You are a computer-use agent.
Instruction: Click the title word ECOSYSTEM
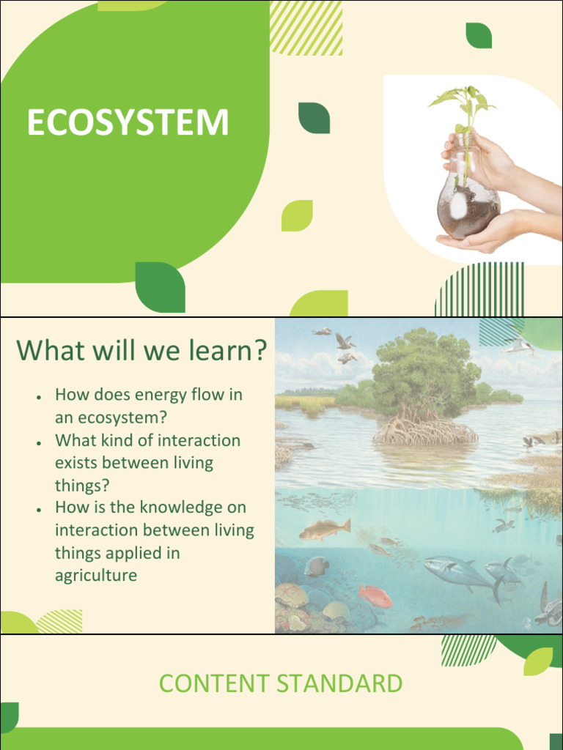pyautogui.click(x=128, y=123)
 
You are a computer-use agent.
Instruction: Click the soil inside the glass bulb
pyautogui.click(x=469, y=212)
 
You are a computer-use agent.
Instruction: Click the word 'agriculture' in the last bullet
pyautogui.click(x=96, y=576)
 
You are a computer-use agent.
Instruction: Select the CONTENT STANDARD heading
pyautogui.click(x=281, y=683)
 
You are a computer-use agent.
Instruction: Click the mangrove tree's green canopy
pyautogui.click(x=425, y=370)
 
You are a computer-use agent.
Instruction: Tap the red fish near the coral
pyautogui.click(x=375, y=596)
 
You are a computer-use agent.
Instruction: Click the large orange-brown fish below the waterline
pyautogui.click(x=324, y=529)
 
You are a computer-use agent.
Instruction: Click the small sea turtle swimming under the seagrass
pyautogui.click(x=503, y=524)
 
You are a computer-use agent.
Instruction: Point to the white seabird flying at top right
pyautogui.click(x=519, y=345)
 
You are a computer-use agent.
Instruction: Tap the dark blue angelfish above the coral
pyautogui.click(x=317, y=565)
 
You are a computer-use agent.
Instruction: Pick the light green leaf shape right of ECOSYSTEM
pyautogui.click(x=297, y=215)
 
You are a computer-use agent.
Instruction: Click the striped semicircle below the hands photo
pyautogui.click(x=480, y=290)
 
